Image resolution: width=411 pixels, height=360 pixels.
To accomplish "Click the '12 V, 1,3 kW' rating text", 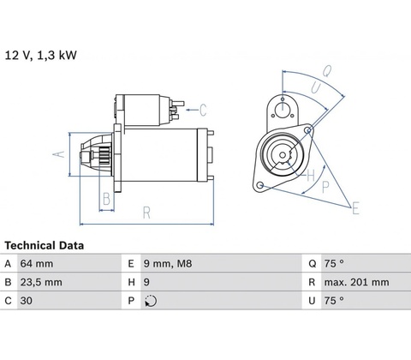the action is [x=41, y=55].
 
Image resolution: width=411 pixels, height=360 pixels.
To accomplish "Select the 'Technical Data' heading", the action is [x=45, y=245].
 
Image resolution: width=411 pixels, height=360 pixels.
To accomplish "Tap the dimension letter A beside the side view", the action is [x=59, y=154].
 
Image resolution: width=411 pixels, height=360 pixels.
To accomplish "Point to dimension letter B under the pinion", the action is [x=106, y=199].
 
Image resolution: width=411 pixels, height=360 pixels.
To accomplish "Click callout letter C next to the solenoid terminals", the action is [x=203, y=110].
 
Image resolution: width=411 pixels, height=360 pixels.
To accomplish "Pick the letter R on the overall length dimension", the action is [x=146, y=213].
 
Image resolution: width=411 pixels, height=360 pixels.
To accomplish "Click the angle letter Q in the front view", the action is [x=327, y=71].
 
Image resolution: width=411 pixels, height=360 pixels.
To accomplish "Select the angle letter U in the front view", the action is [x=316, y=87].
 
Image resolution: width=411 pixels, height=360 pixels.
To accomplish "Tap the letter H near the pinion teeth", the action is [x=311, y=175].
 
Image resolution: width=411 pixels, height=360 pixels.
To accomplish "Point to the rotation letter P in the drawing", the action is [x=325, y=187].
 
